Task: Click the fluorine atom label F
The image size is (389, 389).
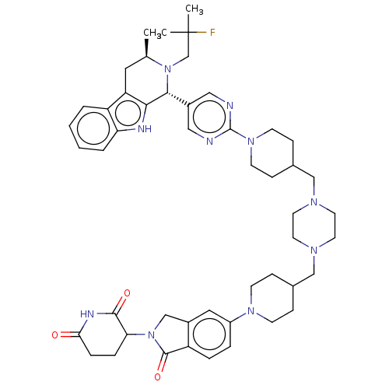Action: (x=212, y=33)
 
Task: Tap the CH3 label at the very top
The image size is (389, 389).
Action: (x=194, y=9)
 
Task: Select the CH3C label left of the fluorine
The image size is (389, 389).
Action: (x=155, y=33)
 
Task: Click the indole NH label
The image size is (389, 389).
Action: (x=145, y=129)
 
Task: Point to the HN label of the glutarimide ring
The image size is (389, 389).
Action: (x=87, y=314)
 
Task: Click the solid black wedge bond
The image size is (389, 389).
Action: (x=147, y=47)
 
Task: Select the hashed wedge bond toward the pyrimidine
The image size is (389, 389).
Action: (x=178, y=99)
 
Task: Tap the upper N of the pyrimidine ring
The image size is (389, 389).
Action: (x=230, y=106)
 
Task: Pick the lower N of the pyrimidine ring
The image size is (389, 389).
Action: (x=209, y=142)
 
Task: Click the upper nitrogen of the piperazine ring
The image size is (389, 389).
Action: (x=314, y=202)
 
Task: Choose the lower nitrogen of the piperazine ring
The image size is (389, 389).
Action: (x=314, y=251)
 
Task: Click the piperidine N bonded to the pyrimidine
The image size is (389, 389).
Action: (x=251, y=142)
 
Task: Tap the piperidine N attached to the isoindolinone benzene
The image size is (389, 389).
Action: (x=251, y=310)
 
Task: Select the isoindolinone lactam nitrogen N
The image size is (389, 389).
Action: (x=151, y=335)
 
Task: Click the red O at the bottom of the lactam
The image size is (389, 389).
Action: (x=157, y=377)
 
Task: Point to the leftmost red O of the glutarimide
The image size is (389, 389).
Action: (x=54, y=335)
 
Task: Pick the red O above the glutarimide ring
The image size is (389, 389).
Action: (x=127, y=293)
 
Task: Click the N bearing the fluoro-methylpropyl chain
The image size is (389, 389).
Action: (x=168, y=69)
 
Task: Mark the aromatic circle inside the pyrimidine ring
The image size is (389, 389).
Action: (x=209, y=117)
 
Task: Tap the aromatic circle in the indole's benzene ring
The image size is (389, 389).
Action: (x=94, y=128)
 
